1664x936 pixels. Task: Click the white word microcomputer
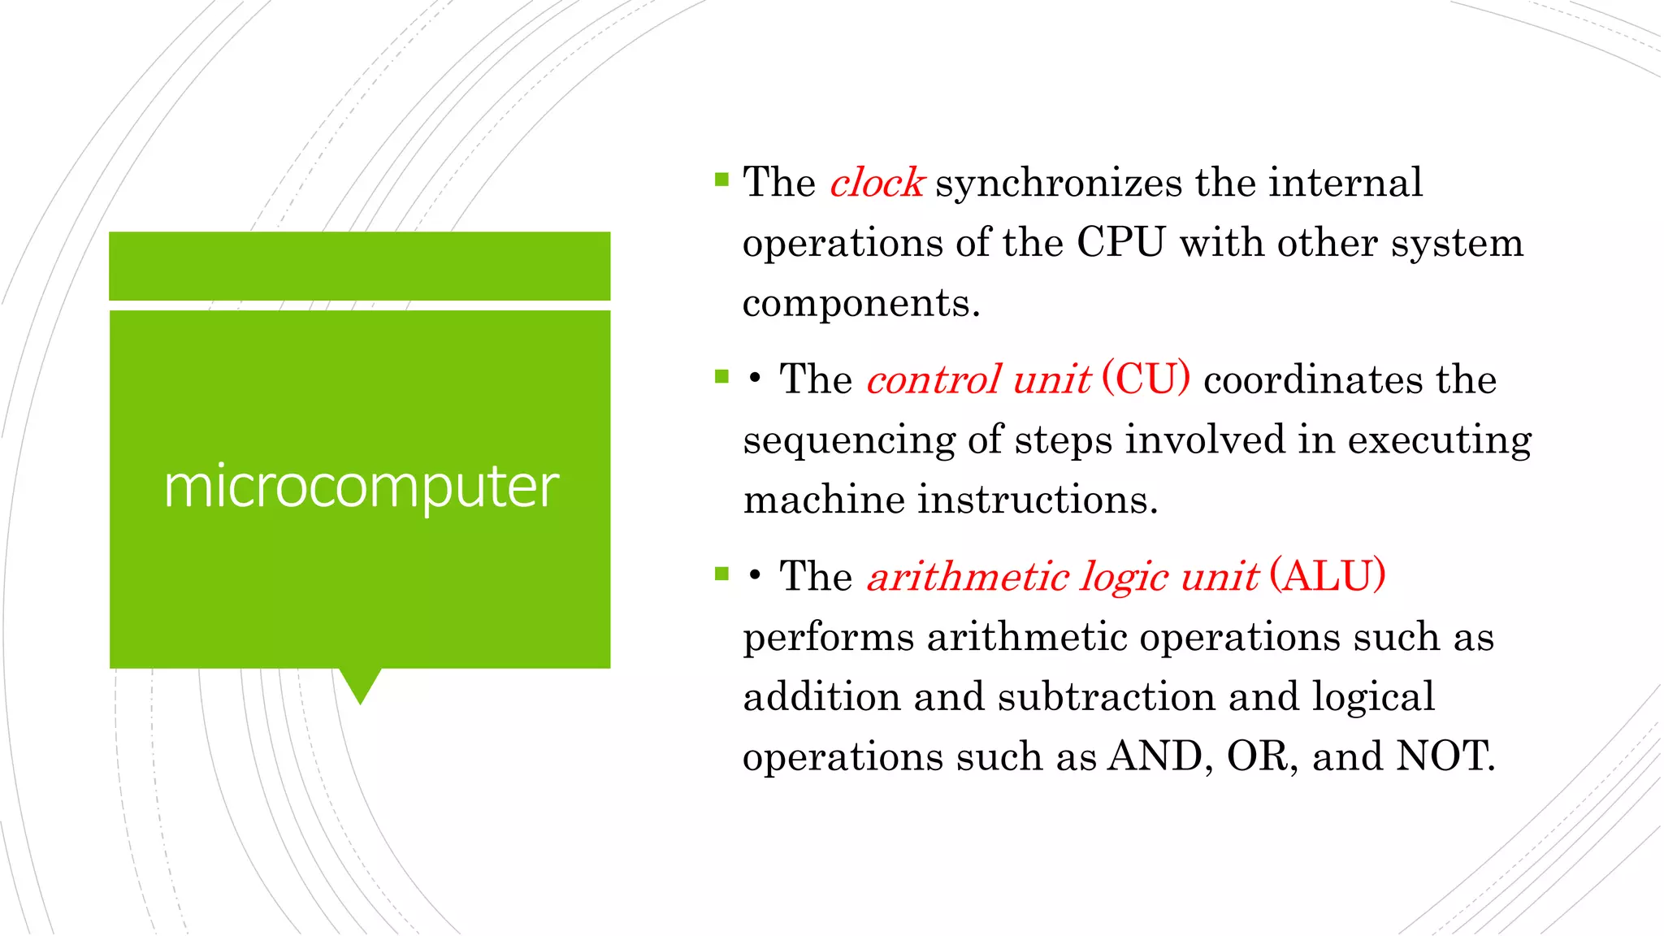pyautogui.click(x=361, y=487)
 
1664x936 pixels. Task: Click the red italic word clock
pyautogui.click(x=877, y=183)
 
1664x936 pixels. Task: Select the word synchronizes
pyautogui.click(x=1059, y=183)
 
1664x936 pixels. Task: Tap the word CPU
pyautogui.click(x=1120, y=243)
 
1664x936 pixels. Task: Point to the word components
pyautogui.click(x=861, y=303)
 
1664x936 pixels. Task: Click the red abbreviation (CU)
pyautogui.click(x=1146, y=379)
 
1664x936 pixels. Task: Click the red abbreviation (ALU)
pyautogui.click(x=1328, y=576)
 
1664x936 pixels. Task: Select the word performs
pyautogui.click(x=828, y=637)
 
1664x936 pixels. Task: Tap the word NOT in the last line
pyautogui.click(x=1444, y=756)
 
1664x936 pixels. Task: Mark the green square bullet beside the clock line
pyautogui.click(x=721, y=180)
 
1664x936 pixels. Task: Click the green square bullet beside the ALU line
pyautogui.click(x=721, y=574)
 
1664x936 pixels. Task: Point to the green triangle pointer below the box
pyautogui.click(x=360, y=683)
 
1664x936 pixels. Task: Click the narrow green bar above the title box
pyautogui.click(x=359, y=266)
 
